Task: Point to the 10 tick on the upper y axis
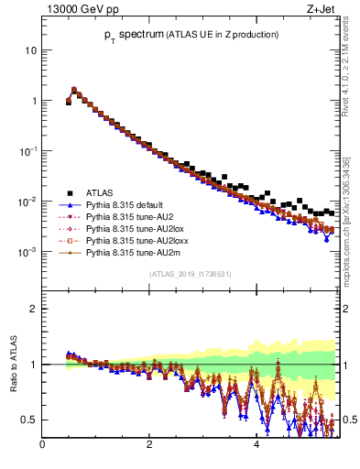click(30, 49)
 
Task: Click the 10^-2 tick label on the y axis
click(27, 201)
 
